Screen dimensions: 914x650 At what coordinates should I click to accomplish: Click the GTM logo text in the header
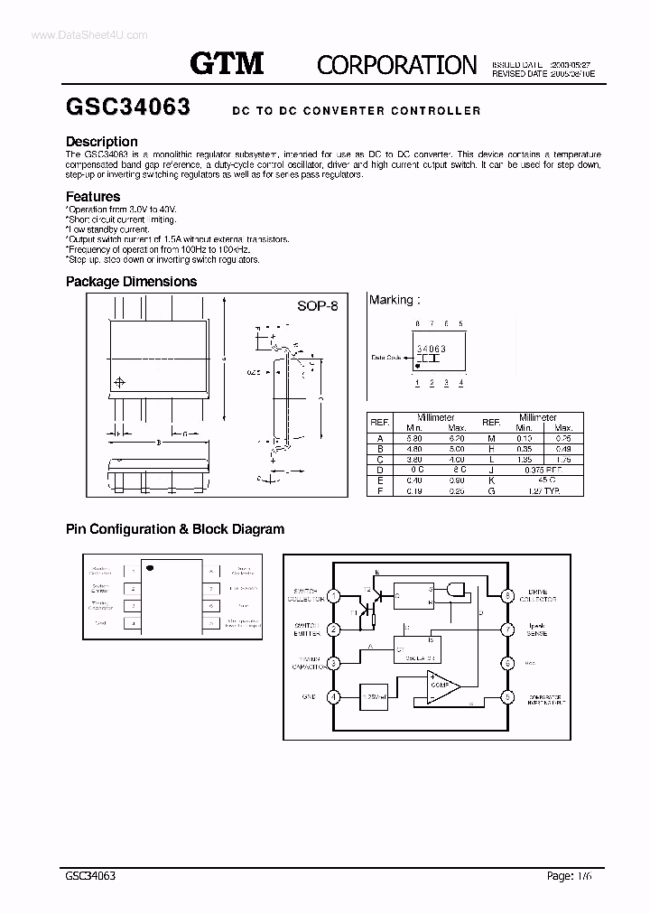(227, 63)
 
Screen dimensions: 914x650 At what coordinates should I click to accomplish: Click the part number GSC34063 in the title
(127, 107)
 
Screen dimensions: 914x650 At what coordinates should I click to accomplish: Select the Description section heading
(102, 142)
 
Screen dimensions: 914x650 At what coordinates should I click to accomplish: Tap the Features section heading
(93, 196)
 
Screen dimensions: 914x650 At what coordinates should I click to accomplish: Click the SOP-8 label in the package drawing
(317, 306)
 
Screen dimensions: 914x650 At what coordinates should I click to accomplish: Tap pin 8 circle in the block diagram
(508, 596)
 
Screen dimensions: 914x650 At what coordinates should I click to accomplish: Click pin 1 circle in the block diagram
(334, 596)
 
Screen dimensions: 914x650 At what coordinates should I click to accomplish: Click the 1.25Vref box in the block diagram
(375, 698)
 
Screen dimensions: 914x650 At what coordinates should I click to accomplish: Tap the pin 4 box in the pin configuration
(133, 623)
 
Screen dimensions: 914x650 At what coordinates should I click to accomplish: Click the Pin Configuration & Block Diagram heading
(175, 529)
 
